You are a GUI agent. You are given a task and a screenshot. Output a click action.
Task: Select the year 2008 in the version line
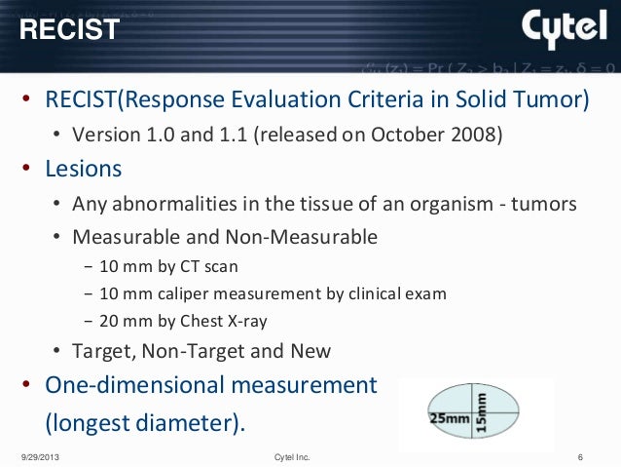click(482, 133)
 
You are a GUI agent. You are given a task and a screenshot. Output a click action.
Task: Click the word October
click(421, 133)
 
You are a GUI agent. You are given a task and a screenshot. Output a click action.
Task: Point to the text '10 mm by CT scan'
click(161, 266)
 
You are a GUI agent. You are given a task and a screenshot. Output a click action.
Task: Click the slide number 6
click(579, 456)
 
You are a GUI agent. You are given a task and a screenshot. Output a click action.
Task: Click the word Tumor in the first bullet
click(554, 101)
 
